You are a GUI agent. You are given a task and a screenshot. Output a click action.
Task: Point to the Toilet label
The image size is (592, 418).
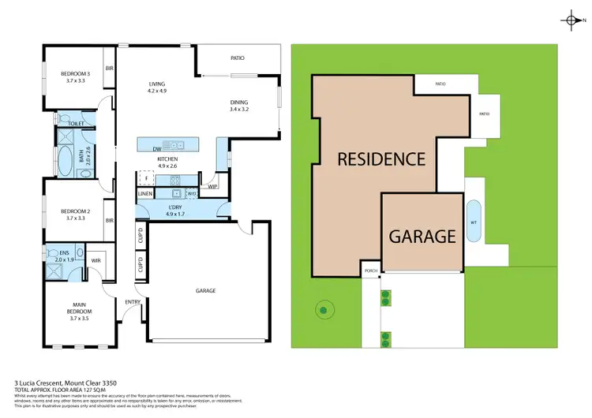click(x=77, y=124)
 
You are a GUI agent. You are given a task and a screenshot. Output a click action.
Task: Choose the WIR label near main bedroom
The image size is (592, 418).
click(x=96, y=259)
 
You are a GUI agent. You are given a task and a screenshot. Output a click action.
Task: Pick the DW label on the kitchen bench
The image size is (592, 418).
click(x=156, y=147)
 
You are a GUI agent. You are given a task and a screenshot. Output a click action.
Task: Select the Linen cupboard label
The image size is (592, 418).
click(x=145, y=193)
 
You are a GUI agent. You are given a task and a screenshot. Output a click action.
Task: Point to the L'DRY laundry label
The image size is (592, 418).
click(x=175, y=207)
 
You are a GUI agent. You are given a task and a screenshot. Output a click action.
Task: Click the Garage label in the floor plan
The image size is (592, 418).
click(x=206, y=290)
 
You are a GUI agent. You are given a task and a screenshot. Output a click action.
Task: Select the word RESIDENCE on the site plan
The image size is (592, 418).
click(x=381, y=159)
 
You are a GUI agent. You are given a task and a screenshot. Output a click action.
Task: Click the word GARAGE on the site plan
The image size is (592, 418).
click(x=422, y=236)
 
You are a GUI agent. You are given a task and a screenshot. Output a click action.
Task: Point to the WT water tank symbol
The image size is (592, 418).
click(x=474, y=223)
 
